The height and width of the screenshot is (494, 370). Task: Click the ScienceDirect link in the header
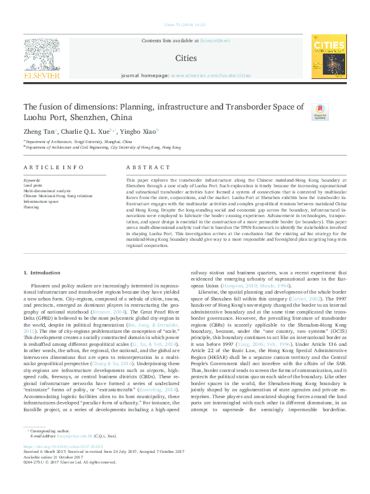214,40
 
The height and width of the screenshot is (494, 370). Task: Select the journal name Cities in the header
186,58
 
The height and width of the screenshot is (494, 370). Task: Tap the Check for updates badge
320,111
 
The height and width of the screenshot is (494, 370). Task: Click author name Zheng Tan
39,132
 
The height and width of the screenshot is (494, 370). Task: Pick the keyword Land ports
33,185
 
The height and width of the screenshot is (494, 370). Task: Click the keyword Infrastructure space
42,202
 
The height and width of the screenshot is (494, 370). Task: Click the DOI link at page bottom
62,446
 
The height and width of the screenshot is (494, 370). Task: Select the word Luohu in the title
37,117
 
